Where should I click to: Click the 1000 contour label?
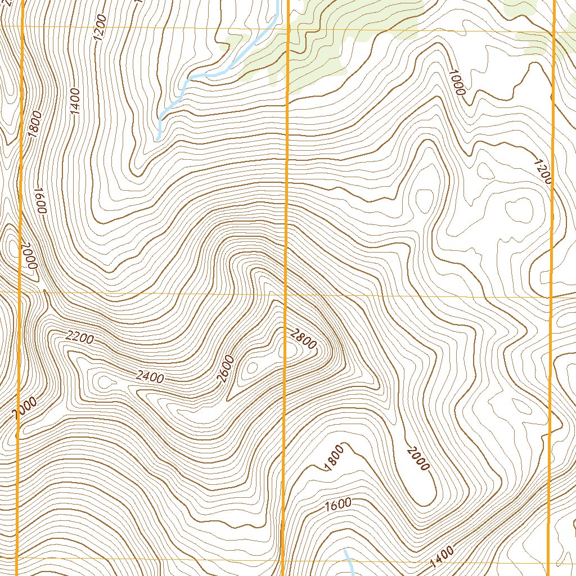pos(457,82)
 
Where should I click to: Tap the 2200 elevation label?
pos(79,337)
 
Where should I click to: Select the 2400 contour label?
pos(150,377)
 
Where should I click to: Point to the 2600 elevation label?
pos(225,369)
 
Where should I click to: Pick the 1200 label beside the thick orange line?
pos(542,172)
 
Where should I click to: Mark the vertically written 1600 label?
pos(40,200)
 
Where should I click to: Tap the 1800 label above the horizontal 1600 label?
pos(334,456)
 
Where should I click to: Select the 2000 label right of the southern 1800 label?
pos(418,458)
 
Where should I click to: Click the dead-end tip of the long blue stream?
pos(158,138)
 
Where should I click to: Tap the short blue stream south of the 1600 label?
pos(349,562)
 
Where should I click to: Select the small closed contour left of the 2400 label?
pos(103,382)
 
